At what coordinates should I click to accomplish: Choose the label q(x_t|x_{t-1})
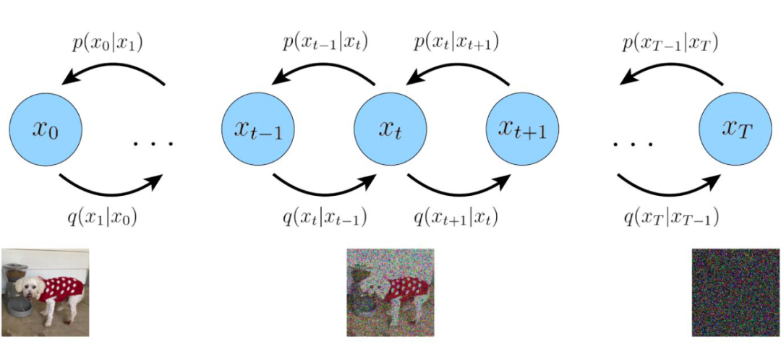(325, 215)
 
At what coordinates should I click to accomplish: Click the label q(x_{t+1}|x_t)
(456, 215)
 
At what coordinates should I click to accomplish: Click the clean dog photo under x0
(45, 292)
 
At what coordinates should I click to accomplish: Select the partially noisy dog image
(390, 292)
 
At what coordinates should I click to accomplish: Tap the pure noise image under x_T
(735, 292)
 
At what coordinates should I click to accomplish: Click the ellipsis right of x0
(153, 143)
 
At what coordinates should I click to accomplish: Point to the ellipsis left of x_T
(633, 143)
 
